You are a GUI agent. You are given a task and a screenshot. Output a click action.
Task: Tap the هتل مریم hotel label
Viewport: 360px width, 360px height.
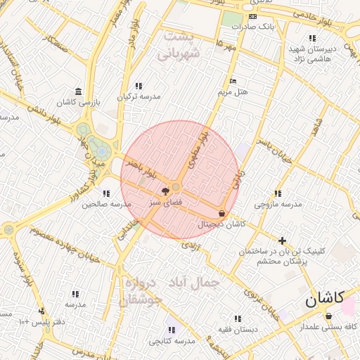233,91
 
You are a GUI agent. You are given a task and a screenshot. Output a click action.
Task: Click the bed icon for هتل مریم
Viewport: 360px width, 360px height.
233,81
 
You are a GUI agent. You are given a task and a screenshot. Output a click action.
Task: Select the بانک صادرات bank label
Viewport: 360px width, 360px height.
254,27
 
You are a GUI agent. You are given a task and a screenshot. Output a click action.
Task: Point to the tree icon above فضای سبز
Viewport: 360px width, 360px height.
166,191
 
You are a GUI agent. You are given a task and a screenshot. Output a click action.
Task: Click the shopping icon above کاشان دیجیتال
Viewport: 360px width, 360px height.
222,213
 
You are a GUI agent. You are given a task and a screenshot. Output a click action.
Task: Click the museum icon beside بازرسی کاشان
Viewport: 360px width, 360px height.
77,92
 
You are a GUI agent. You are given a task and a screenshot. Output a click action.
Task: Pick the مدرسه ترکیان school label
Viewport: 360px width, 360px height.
139,96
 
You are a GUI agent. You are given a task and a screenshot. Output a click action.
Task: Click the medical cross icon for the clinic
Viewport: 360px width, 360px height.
283,240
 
